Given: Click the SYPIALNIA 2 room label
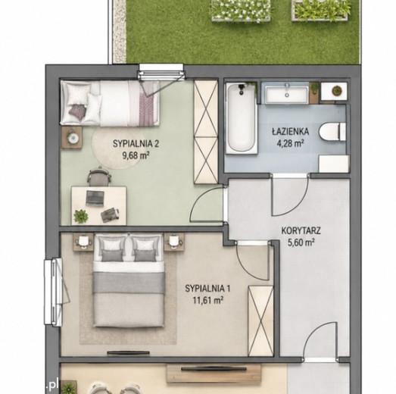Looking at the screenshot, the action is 136,144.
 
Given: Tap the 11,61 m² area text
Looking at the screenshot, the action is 207,301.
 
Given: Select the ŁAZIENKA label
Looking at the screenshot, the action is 291,131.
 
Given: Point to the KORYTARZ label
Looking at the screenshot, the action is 301,231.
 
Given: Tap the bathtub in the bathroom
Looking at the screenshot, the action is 242,118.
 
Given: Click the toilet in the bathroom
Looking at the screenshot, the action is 332,131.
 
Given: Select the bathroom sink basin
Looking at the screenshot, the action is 287,93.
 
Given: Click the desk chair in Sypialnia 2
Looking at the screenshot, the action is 99,176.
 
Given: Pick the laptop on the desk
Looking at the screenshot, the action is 95,198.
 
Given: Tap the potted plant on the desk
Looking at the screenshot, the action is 81,217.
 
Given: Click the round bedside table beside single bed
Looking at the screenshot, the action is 72,137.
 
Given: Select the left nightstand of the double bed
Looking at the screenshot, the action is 83,242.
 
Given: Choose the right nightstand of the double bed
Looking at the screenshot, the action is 174,242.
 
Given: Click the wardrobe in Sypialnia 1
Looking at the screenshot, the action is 260,321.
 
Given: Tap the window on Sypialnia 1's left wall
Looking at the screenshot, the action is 53,292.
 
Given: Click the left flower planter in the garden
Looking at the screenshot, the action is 241,11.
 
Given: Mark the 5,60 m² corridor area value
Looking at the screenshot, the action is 301,243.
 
